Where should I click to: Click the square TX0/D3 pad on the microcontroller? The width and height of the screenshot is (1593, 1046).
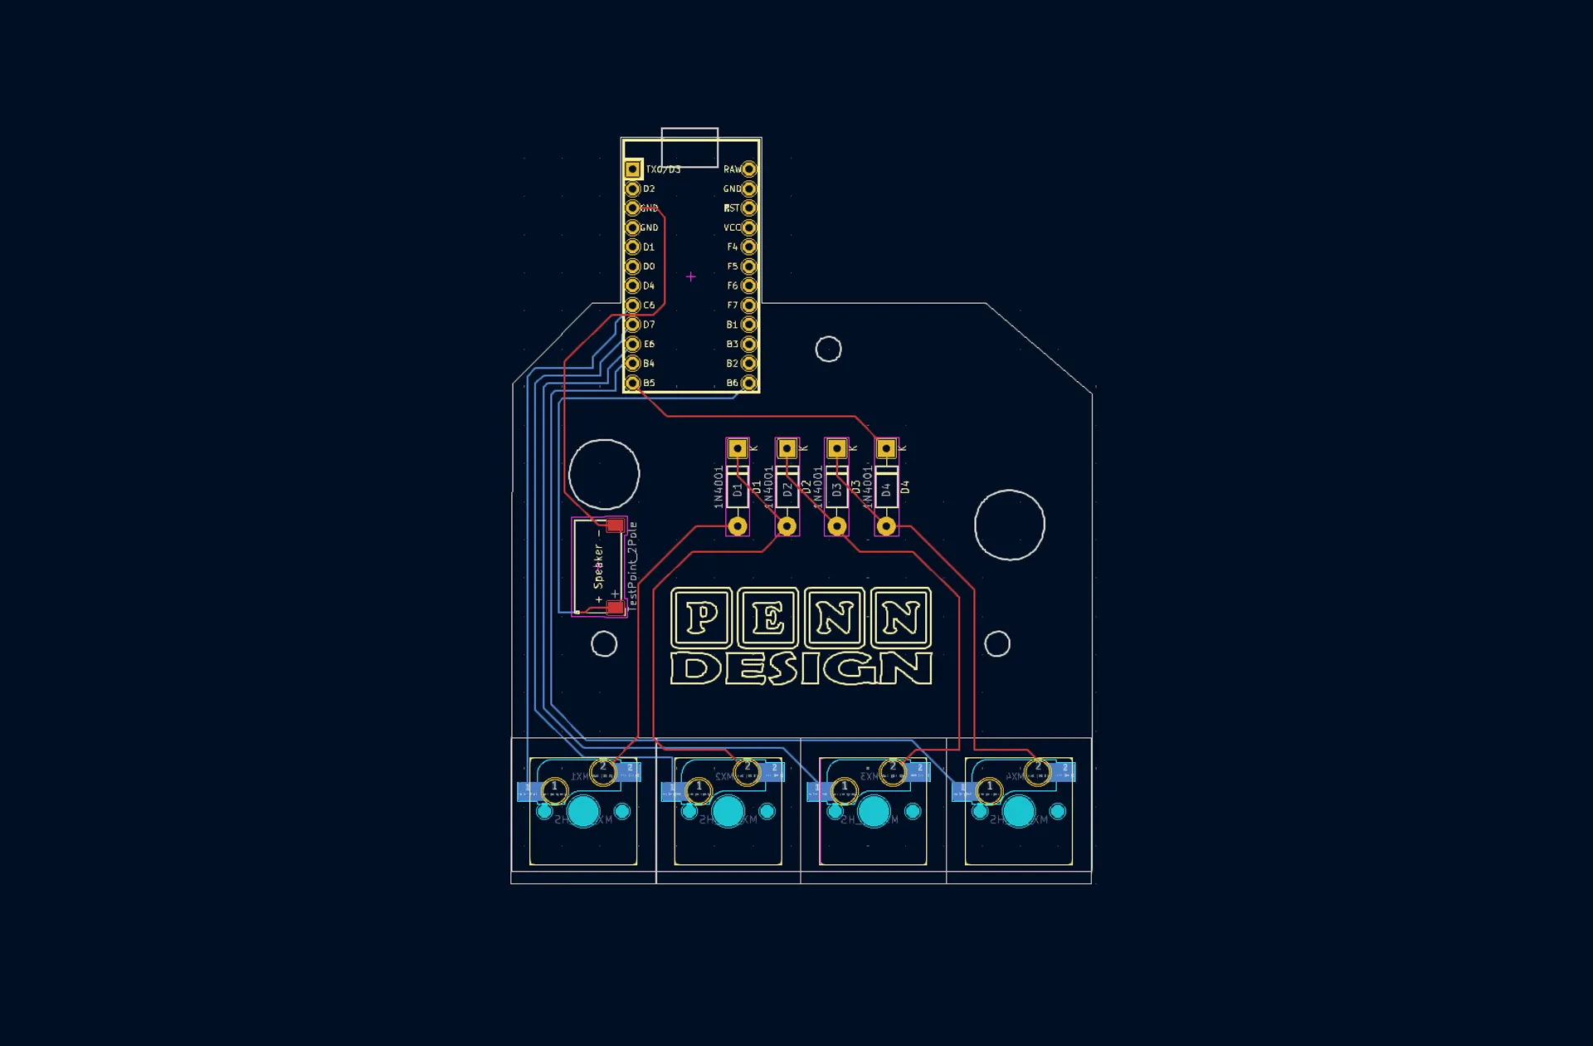(x=633, y=169)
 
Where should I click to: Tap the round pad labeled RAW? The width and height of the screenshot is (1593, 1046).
(x=749, y=169)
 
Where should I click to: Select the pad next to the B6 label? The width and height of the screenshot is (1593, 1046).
(x=749, y=383)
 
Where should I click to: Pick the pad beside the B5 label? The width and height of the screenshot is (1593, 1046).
(x=633, y=383)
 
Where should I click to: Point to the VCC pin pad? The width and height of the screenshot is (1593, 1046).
(x=749, y=227)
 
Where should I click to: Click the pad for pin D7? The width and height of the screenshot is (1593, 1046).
(x=633, y=325)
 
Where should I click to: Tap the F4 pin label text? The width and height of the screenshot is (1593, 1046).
(x=732, y=247)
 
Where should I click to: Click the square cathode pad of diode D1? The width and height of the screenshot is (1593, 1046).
(x=737, y=449)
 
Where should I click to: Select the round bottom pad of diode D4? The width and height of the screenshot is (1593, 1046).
(x=886, y=525)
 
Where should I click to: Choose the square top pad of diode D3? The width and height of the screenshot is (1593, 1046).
(x=836, y=449)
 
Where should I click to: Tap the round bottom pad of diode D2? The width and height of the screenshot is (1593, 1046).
(x=787, y=525)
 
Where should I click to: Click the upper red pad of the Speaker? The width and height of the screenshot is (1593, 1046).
(x=615, y=525)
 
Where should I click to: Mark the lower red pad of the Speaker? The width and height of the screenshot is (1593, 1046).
(x=615, y=609)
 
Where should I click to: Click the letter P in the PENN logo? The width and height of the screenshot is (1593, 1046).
(x=702, y=618)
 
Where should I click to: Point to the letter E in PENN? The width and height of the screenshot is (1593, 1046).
(x=768, y=618)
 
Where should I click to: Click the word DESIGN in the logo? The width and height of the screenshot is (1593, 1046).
(x=801, y=668)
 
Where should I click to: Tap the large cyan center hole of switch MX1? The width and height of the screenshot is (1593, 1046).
(x=583, y=811)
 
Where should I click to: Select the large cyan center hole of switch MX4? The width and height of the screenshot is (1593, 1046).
(x=1019, y=811)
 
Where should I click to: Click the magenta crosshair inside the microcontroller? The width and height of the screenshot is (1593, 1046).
(x=690, y=276)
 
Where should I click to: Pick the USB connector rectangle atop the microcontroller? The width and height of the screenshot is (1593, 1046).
(x=689, y=148)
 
